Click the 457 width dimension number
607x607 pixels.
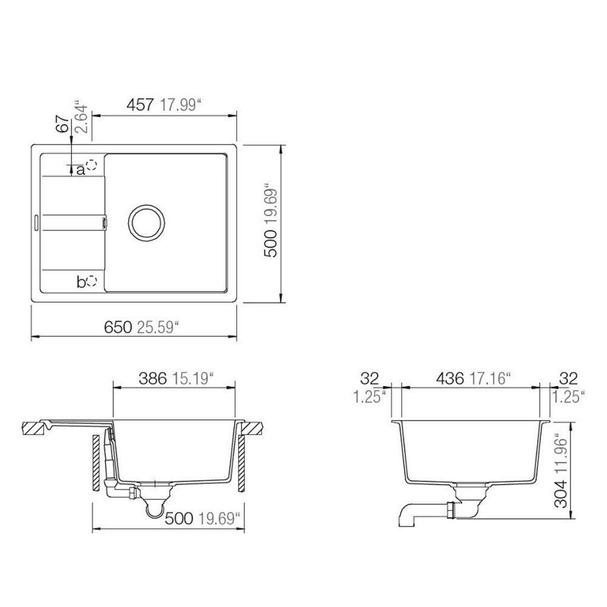[140, 105]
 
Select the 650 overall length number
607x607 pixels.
[118, 328]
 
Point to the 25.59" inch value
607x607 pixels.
[158, 328]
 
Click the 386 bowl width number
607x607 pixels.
[152, 378]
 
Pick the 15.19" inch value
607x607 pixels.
[193, 378]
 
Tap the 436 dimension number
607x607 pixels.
[450, 378]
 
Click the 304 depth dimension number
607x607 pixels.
[561, 493]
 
